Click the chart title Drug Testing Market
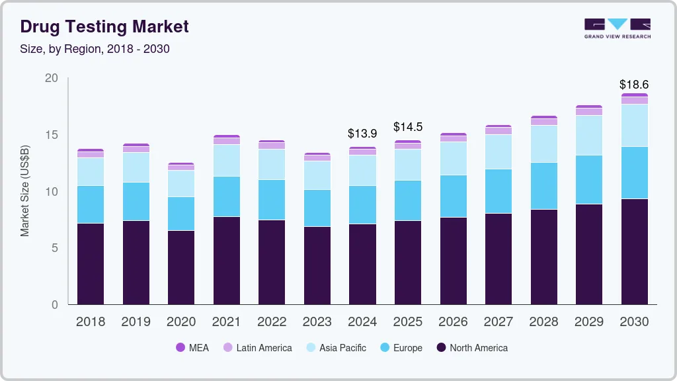[104, 26]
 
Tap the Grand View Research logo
[617, 28]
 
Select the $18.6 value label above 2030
[633, 85]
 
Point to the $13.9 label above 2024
[362, 134]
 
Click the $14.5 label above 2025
[407, 127]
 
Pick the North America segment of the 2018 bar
[91, 264]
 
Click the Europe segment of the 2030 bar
[633, 173]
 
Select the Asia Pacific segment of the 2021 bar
[226, 161]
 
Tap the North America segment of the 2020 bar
[181, 267]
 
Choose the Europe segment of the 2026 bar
[453, 196]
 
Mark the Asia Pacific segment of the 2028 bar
[543, 144]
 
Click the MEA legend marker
[180, 348]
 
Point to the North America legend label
[479, 348]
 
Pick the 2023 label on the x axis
[317, 322]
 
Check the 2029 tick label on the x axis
[588, 322]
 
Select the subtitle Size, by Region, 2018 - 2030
[95, 49]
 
